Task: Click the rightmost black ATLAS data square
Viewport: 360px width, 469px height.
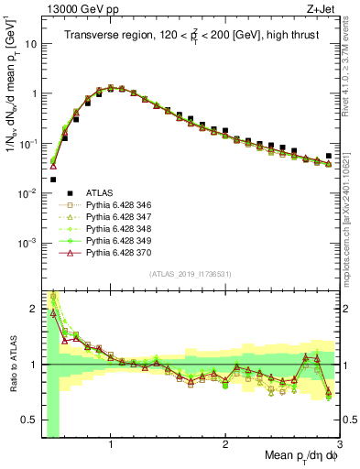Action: click(x=329, y=157)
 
